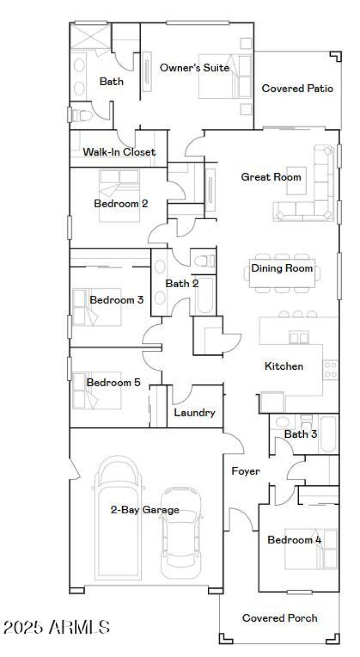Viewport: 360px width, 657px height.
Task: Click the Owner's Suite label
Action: point(194,68)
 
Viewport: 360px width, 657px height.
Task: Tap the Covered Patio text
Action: point(297,88)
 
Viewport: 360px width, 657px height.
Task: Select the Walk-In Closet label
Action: point(119,152)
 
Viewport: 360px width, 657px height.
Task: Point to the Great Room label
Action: point(271,177)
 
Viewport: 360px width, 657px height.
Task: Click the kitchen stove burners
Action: point(331,369)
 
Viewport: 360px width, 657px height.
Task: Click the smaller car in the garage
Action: point(180,534)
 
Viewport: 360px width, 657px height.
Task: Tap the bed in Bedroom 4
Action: point(310,549)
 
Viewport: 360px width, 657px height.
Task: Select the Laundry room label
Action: point(194,412)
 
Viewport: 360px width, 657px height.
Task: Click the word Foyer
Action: point(245,471)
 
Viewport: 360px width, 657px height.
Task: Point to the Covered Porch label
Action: point(279,618)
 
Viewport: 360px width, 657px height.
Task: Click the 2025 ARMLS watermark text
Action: point(56,627)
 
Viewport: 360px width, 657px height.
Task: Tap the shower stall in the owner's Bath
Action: point(90,35)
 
